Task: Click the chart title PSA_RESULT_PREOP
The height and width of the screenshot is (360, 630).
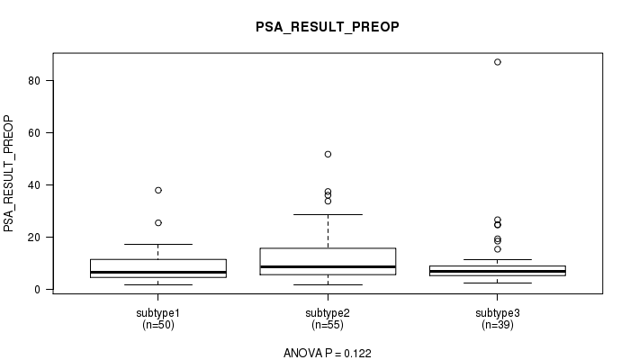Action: tap(328, 27)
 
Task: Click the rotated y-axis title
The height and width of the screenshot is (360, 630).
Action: tap(8, 174)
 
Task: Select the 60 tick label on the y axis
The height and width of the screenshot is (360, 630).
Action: tap(34, 133)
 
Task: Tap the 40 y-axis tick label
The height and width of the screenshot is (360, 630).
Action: tap(34, 185)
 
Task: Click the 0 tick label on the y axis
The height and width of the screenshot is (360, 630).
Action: tap(38, 290)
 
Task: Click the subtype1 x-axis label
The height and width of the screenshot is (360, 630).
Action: tap(157, 313)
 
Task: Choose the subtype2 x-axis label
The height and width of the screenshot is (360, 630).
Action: tap(328, 313)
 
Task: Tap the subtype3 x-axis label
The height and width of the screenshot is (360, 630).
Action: tap(498, 313)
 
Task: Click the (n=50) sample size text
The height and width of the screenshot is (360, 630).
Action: tap(157, 325)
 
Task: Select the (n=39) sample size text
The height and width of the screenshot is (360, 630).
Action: tap(498, 325)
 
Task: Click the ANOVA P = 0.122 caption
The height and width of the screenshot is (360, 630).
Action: tap(328, 353)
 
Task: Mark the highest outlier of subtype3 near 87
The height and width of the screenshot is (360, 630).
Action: tap(498, 62)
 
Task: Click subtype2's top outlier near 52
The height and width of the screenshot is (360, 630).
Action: tap(328, 154)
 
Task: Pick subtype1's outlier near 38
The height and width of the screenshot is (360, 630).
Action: tap(158, 190)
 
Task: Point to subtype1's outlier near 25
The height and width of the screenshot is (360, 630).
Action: tap(158, 223)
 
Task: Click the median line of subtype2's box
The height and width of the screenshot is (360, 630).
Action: tap(328, 266)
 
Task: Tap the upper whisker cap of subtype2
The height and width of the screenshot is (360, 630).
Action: tap(328, 214)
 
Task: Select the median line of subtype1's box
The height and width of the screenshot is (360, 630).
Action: tap(158, 272)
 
